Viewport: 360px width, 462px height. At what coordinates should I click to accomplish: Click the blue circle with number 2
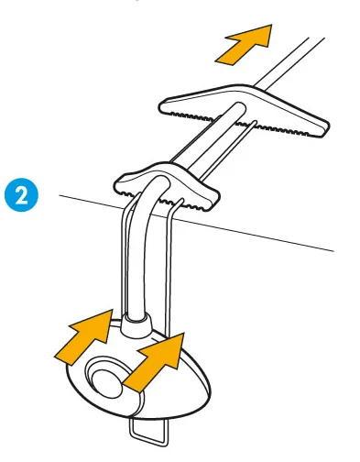[x=21, y=195]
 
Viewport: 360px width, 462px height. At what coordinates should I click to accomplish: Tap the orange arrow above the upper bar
[x=245, y=44]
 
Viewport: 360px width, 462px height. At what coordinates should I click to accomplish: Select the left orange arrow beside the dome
[x=86, y=336]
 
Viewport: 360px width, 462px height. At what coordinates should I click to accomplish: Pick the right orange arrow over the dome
[x=157, y=361]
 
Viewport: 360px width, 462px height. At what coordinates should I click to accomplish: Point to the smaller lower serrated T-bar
[x=168, y=186]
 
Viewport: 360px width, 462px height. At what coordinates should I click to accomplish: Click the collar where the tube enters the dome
[x=136, y=324]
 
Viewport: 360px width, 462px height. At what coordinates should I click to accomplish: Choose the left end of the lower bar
[x=116, y=184]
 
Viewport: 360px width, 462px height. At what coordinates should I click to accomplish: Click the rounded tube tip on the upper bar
[x=239, y=108]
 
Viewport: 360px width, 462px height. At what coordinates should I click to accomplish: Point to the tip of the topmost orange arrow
[x=271, y=25]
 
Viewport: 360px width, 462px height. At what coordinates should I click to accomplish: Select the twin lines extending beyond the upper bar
[x=290, y=61]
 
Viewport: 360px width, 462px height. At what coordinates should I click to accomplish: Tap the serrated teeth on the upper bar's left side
[x=195, y=116]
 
